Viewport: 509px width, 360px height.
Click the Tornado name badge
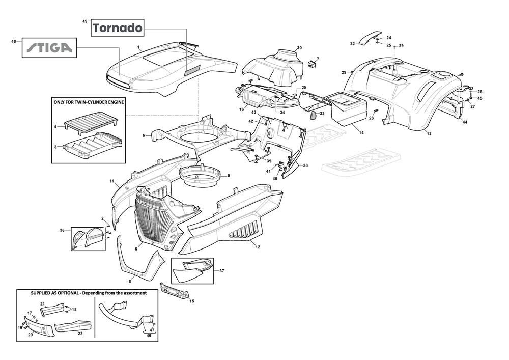118,28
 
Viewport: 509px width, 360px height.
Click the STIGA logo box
49,48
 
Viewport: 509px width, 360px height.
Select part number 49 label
85,21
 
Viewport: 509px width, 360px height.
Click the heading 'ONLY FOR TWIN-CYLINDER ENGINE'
89,102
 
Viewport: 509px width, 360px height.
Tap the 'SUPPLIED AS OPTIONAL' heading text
89,293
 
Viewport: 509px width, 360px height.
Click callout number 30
299,48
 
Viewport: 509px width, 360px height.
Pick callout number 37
222,271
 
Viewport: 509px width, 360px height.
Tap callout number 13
429,133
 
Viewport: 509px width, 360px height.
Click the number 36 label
62,230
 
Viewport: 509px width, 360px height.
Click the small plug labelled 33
314,115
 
